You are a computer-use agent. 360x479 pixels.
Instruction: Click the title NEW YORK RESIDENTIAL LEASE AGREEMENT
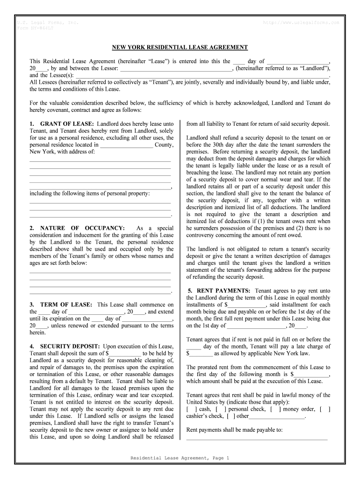180,48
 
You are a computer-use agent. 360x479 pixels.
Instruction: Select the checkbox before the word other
230,416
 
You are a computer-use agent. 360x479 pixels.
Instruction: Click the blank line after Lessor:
176,68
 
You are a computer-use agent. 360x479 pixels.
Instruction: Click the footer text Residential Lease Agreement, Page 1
180,458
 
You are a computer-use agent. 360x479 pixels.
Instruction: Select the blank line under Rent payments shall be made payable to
257,438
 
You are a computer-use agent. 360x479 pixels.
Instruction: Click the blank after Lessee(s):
202,75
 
